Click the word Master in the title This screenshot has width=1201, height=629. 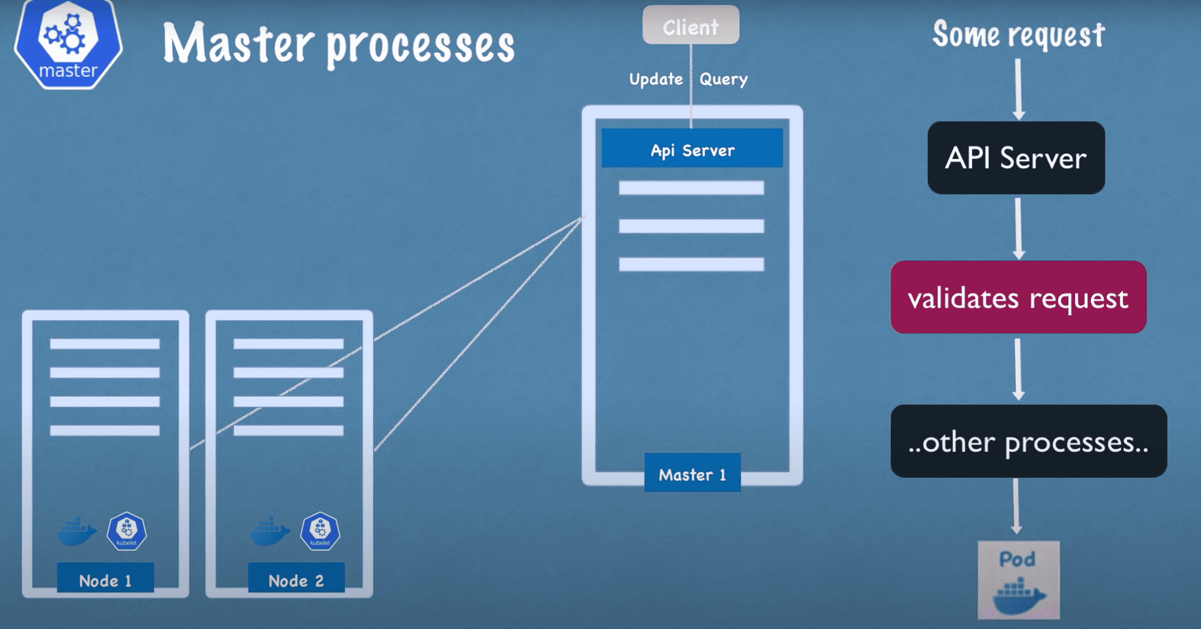238,44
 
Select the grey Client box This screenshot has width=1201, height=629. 691,26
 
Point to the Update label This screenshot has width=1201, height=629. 656,79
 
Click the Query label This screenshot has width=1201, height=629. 723,79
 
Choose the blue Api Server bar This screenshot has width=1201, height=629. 692,148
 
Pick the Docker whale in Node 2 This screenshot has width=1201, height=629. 270,531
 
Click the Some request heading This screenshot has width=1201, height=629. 1018,34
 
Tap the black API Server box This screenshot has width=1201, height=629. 1016,158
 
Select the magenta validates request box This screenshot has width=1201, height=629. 1018,297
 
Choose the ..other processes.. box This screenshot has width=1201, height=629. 1028,441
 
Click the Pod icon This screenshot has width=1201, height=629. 1018,580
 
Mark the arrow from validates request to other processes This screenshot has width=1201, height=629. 1018,369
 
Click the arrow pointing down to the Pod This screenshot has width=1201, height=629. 1016,506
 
